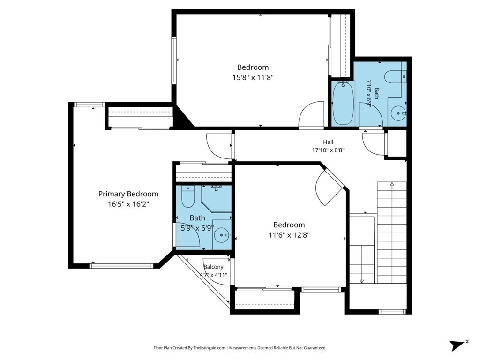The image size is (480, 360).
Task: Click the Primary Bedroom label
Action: [128, 194]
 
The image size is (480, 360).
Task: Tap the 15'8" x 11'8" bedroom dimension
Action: [253, 77]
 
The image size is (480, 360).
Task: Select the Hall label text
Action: [328, 142]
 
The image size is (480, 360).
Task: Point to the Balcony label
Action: [213, 267]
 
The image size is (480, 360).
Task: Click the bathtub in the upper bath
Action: [343, 103]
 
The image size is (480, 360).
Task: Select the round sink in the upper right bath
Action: [398, 113]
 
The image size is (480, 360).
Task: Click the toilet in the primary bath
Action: [187, 196]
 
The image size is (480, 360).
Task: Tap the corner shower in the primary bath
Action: [216, 198]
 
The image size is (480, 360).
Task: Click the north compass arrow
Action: [457, 345]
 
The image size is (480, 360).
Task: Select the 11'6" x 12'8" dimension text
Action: [289, 235]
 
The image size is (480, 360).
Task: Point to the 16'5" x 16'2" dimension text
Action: [128, 204]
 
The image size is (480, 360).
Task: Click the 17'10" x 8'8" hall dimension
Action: [328, 150]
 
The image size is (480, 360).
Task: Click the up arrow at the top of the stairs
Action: [392, 184]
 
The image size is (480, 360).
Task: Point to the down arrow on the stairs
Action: [361, 281]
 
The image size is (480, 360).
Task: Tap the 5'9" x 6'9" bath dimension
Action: [197, 228]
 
